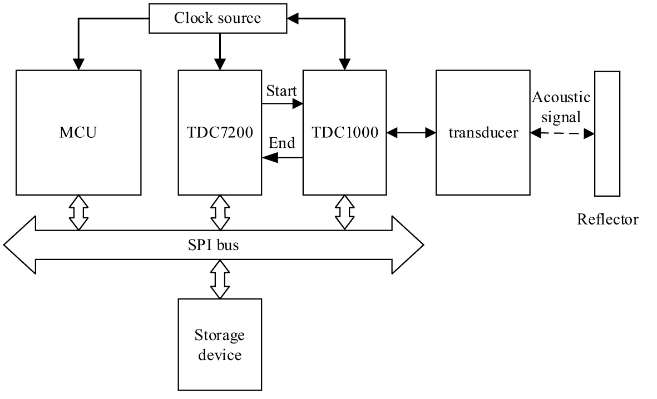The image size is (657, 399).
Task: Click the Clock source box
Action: [x=218, y=18]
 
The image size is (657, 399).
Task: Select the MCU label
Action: [x=78, y=133]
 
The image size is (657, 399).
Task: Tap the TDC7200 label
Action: [x=220, y=133]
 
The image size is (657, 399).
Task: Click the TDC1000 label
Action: [x=345, y=133]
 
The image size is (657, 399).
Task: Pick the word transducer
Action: [x=483, y=133]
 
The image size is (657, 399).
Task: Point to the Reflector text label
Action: [x=607, y=220]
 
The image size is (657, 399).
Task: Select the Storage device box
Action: [x=220, y=345]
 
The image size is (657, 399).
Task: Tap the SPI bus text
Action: [x=213, y=245]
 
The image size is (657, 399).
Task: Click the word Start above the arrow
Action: [x=281, y=90]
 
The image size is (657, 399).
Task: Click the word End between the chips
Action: [x=281, y=143]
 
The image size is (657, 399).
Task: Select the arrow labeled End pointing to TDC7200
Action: [x=282, y=158]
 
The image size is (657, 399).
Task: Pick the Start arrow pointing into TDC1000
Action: [x=282, y=103]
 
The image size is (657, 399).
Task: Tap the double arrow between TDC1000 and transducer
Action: [x=412, y=133]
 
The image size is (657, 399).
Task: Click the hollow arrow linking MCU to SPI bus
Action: [x=78, y=212]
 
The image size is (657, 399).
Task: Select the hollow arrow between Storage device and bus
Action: [x=220, y=280]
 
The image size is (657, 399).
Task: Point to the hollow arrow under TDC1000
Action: [x=345, y=212]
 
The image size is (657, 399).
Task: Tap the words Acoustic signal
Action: [x=561, y=107]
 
